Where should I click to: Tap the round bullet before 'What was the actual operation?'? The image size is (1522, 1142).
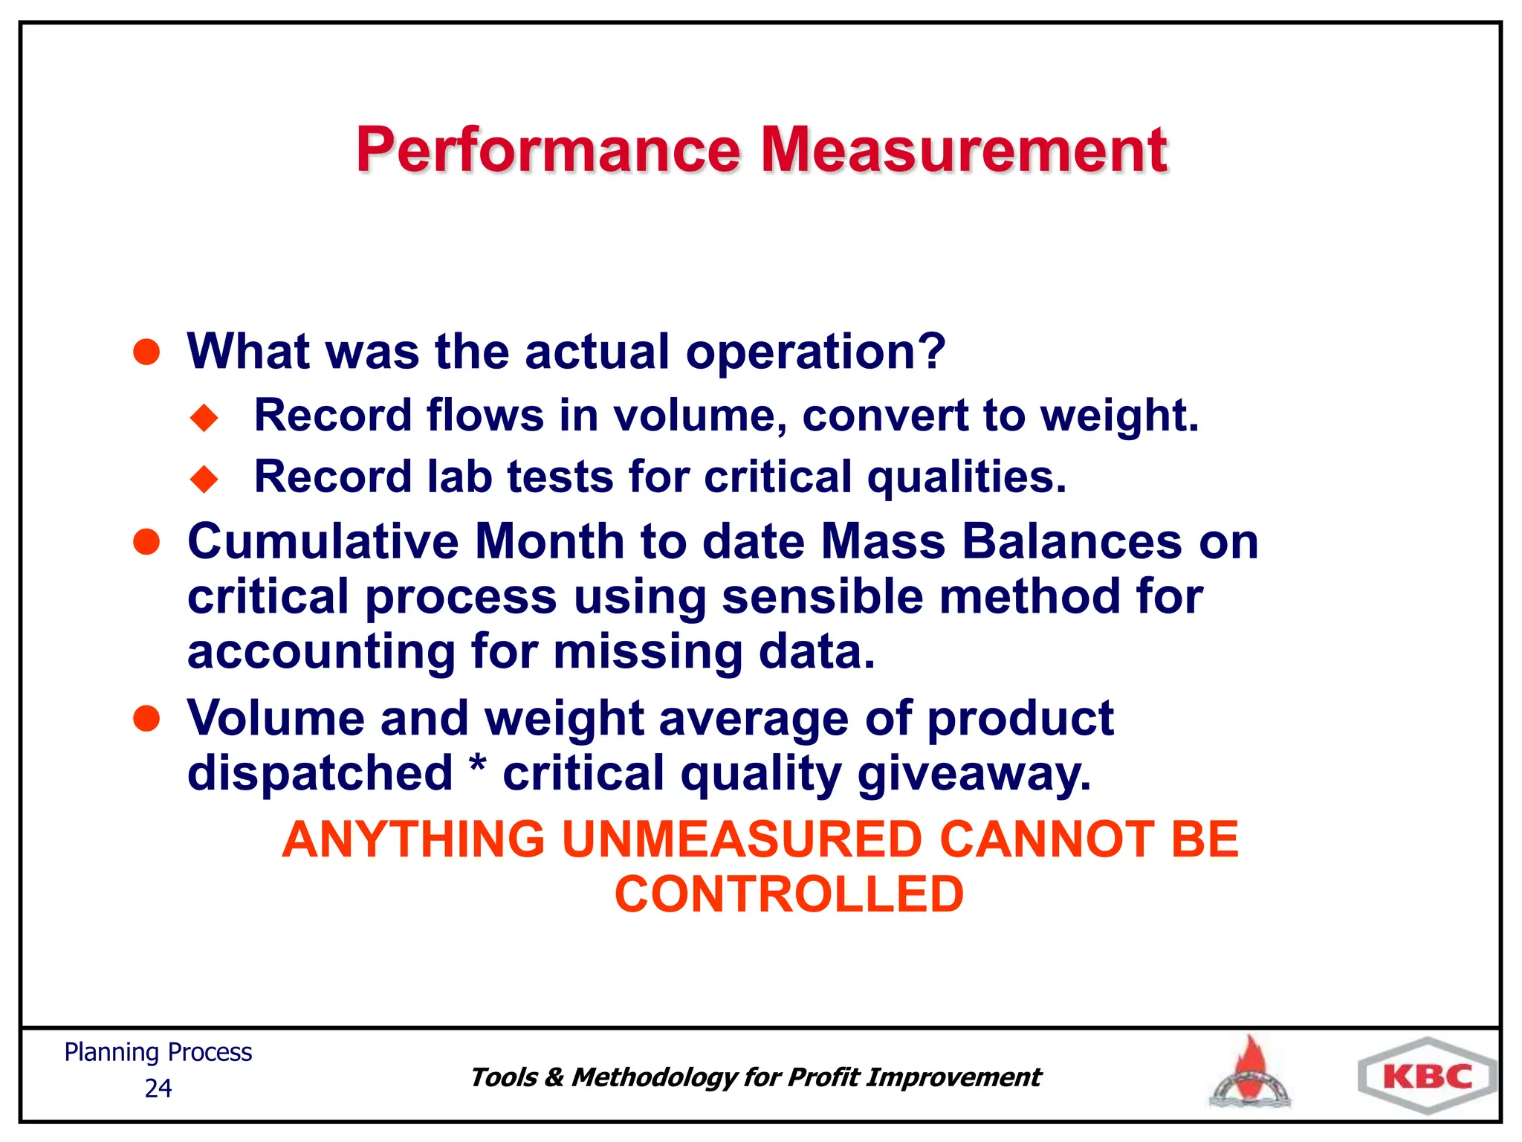pos(146,352)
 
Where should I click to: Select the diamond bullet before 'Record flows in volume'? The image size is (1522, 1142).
pos(204,417)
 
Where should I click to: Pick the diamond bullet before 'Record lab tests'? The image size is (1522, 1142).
pos(204,479)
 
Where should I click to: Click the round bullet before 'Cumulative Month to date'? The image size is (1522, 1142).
pos(146,542)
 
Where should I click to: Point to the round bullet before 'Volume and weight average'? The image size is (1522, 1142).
pos(146,719)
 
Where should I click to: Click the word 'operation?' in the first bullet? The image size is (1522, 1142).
pos(815,352)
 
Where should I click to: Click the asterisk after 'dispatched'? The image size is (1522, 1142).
pos(478,766)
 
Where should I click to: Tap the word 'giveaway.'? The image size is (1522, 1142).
pos(974,773)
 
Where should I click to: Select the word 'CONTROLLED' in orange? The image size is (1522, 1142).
pos(788,894)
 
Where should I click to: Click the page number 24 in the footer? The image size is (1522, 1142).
pos(158,1088)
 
